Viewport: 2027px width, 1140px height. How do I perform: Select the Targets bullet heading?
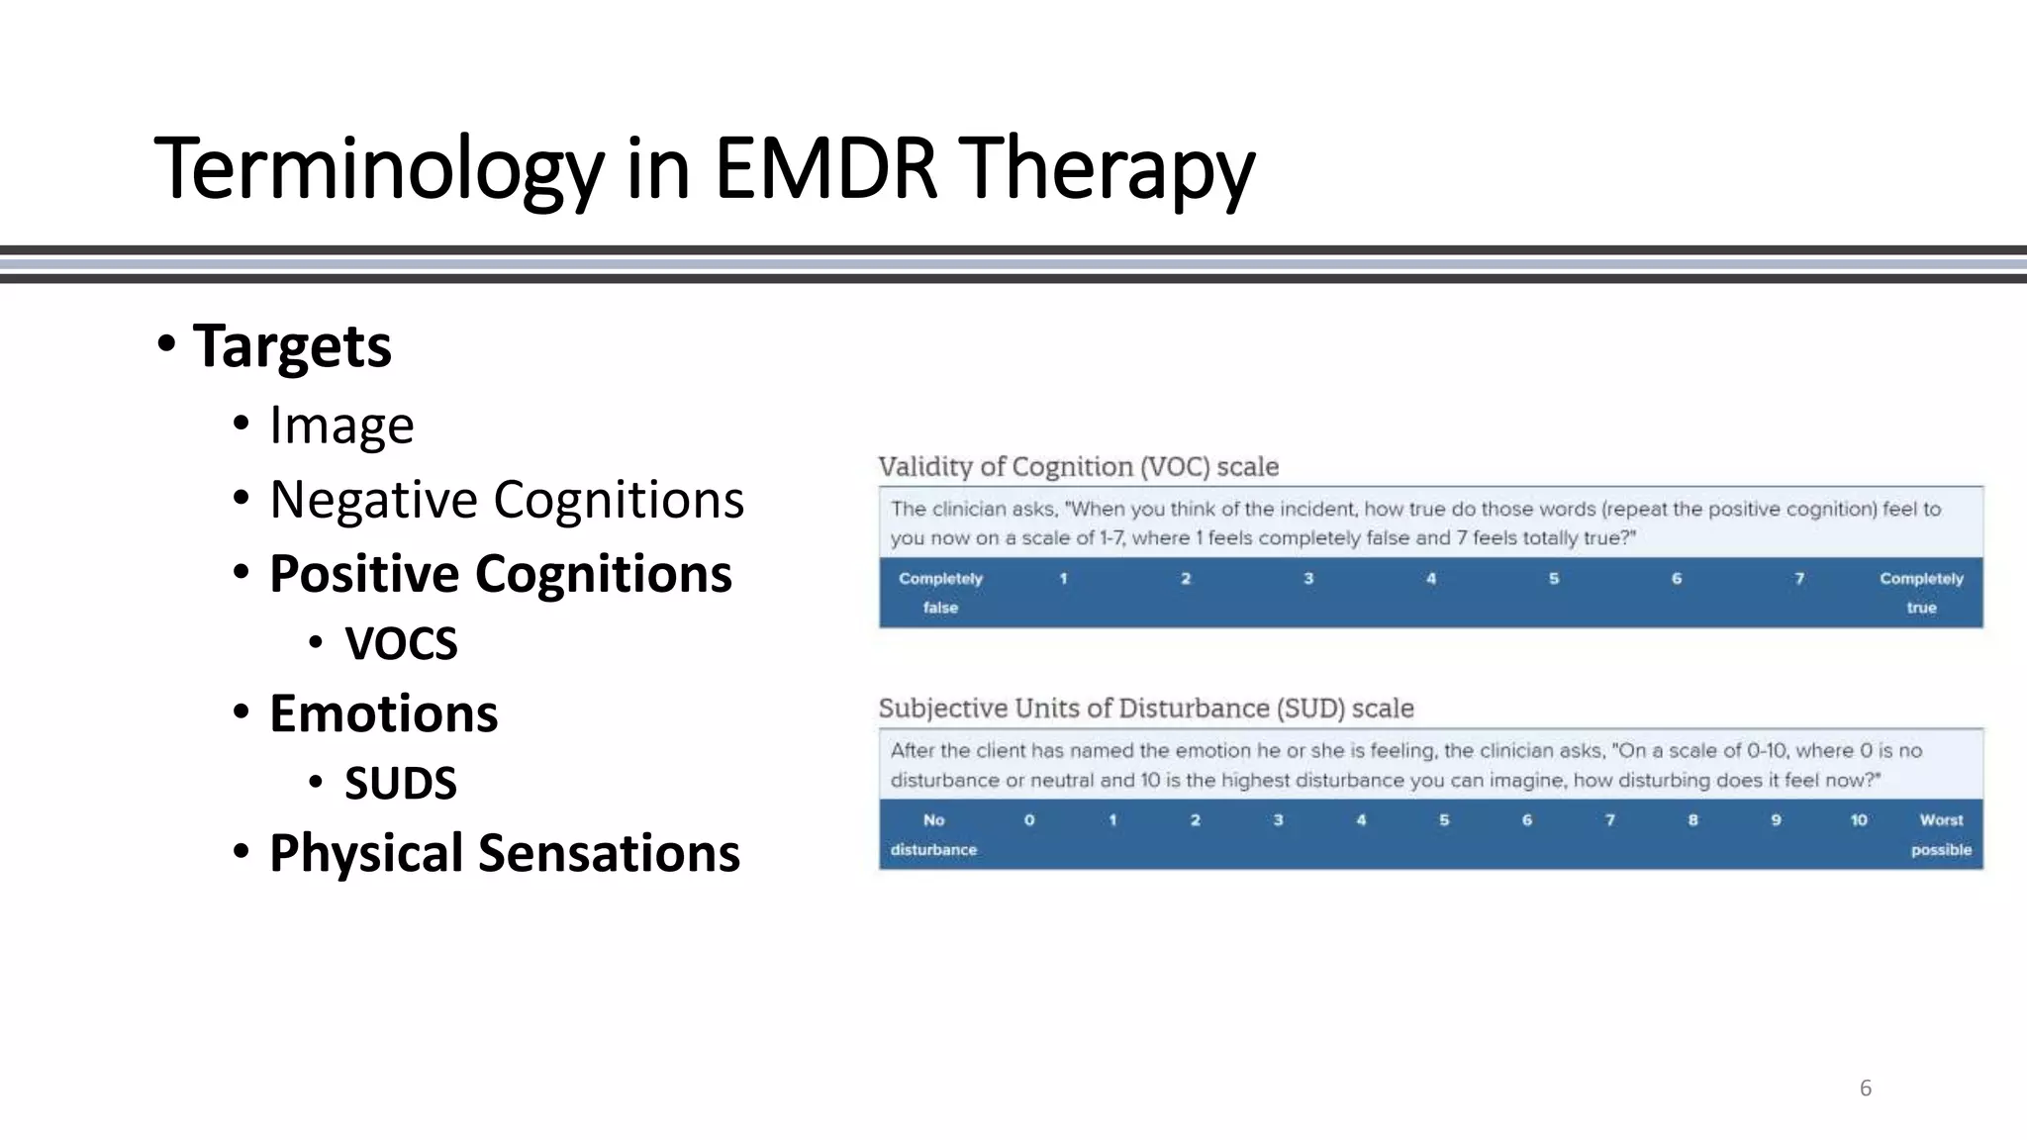point(292,346)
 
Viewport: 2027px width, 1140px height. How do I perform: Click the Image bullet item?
point(341,426)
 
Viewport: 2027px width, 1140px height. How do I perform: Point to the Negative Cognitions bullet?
point(506,500)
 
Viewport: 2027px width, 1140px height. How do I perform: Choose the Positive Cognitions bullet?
point(500,574)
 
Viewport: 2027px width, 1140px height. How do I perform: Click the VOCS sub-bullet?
point(401,644)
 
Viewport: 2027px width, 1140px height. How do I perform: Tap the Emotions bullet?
point(383,713)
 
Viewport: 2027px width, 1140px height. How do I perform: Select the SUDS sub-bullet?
point(400,784)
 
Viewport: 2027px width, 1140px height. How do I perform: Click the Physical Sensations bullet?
point(504,853)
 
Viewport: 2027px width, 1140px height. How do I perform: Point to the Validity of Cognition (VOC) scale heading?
point(1078,467)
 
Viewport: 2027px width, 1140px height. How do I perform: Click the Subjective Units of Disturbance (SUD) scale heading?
point(1145,709)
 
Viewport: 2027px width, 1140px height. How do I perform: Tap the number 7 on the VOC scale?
point(1799,579)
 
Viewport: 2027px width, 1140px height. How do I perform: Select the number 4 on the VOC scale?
point(1430,579)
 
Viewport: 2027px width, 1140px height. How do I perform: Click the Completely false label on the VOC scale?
point(940,593)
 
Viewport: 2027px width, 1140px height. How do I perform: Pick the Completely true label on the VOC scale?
point(1921,593)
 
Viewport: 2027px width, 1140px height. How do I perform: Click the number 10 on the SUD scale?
point(1859,820)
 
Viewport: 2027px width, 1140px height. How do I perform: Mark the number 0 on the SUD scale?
point(1029,820)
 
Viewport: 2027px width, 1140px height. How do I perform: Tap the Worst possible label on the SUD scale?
point(1941,834)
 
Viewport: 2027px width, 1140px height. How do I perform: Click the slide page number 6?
point(1866,1089)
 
